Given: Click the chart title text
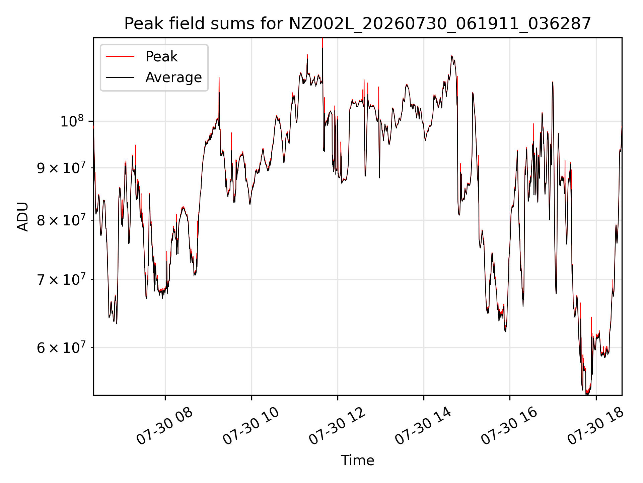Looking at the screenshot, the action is click(x=358, y=24).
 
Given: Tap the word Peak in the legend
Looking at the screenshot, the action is click(x=161, y=57).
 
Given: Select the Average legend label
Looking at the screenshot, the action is click(x=173, y=77).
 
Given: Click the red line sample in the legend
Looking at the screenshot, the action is click(x=120, y=57).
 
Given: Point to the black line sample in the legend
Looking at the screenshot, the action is click(x=120, y=77).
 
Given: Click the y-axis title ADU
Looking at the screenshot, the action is click(x=23, y=217).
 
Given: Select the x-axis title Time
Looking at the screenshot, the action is click(x=357, y=460).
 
